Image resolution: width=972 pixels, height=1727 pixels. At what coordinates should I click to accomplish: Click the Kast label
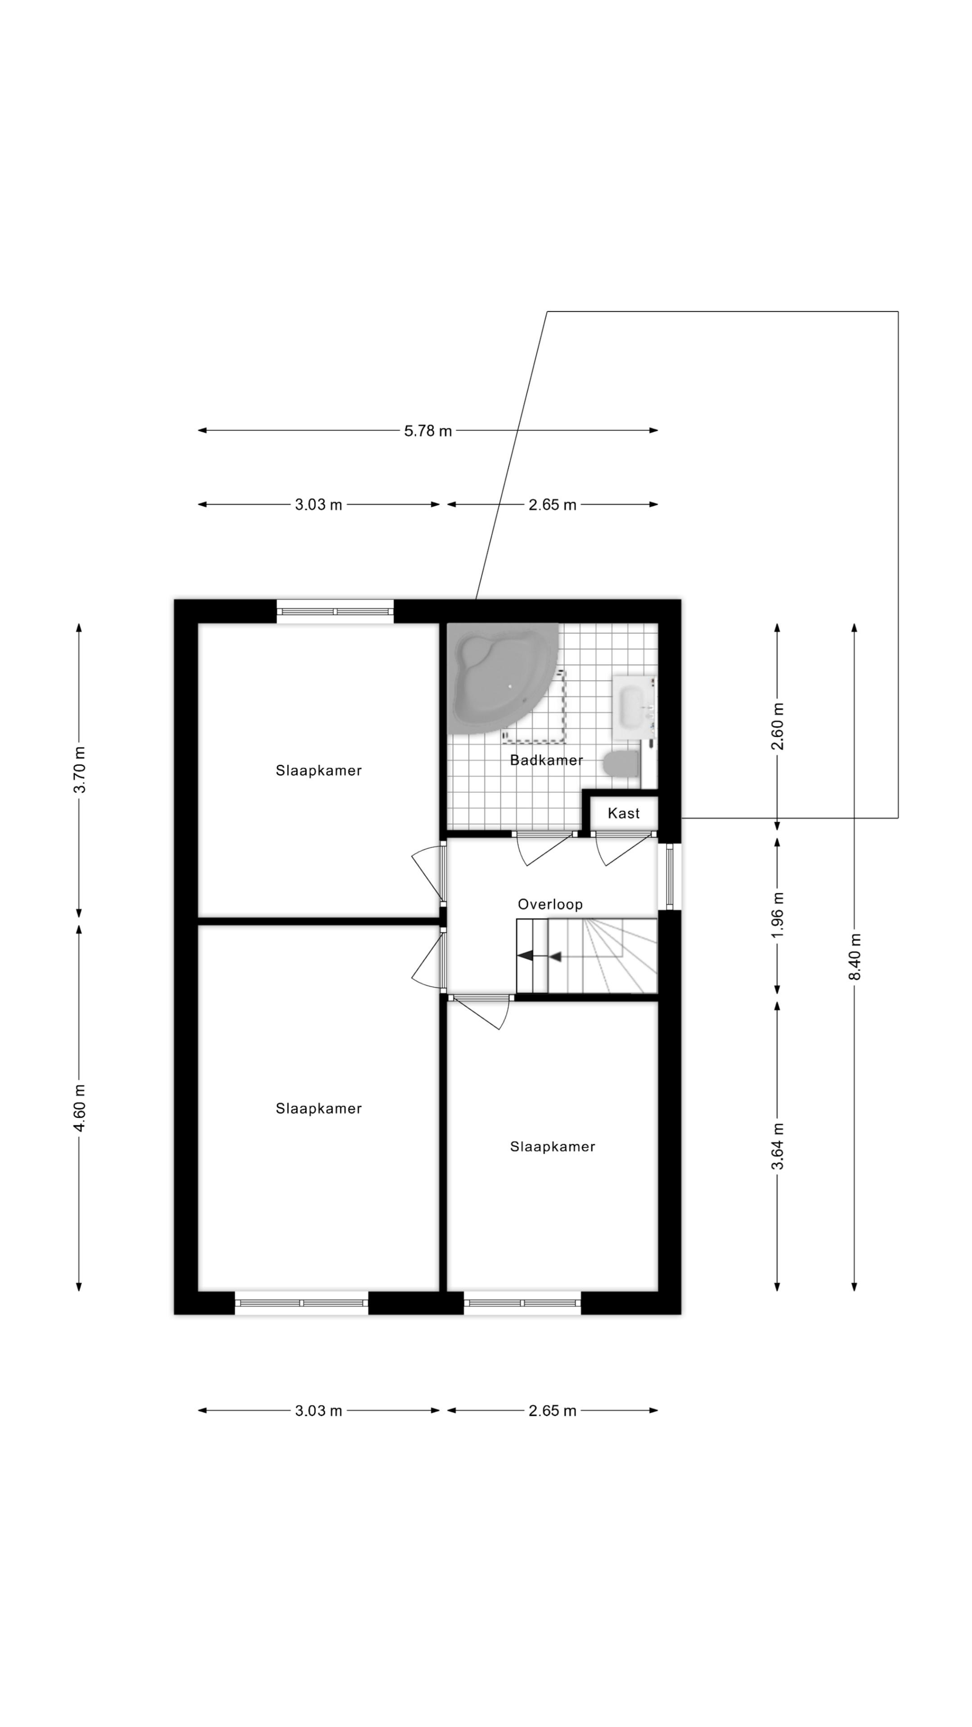(623, 813)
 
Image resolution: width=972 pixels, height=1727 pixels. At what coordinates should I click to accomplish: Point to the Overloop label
(550, 904)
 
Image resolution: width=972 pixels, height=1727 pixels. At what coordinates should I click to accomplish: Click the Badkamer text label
(546, 760)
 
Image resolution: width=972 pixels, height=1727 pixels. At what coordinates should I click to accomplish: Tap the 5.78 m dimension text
(428, 431)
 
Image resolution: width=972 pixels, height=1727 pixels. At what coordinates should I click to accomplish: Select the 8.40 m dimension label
(855, 956)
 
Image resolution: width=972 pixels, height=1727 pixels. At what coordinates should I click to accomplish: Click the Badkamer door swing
(547, 850)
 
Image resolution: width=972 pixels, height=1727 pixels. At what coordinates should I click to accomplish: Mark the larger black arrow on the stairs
(525, 955)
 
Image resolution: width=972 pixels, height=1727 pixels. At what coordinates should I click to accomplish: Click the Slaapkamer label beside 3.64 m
(553, 1147)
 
